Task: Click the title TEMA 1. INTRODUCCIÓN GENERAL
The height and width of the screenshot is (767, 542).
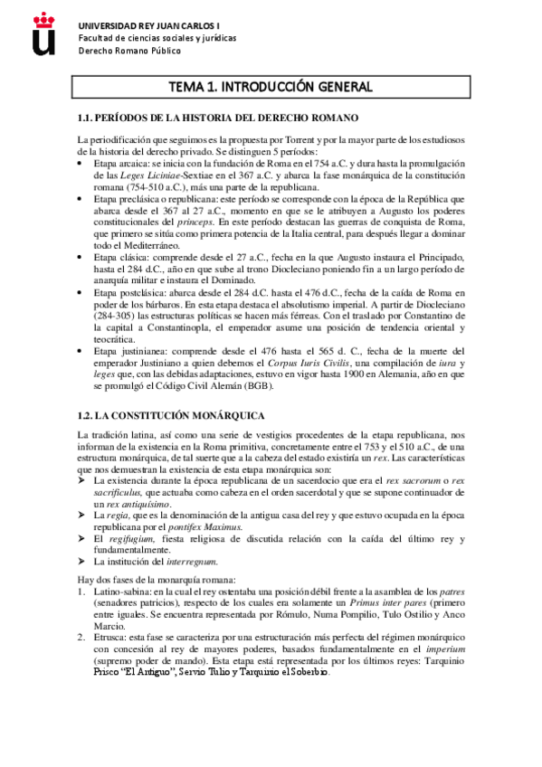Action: (271, 87)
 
